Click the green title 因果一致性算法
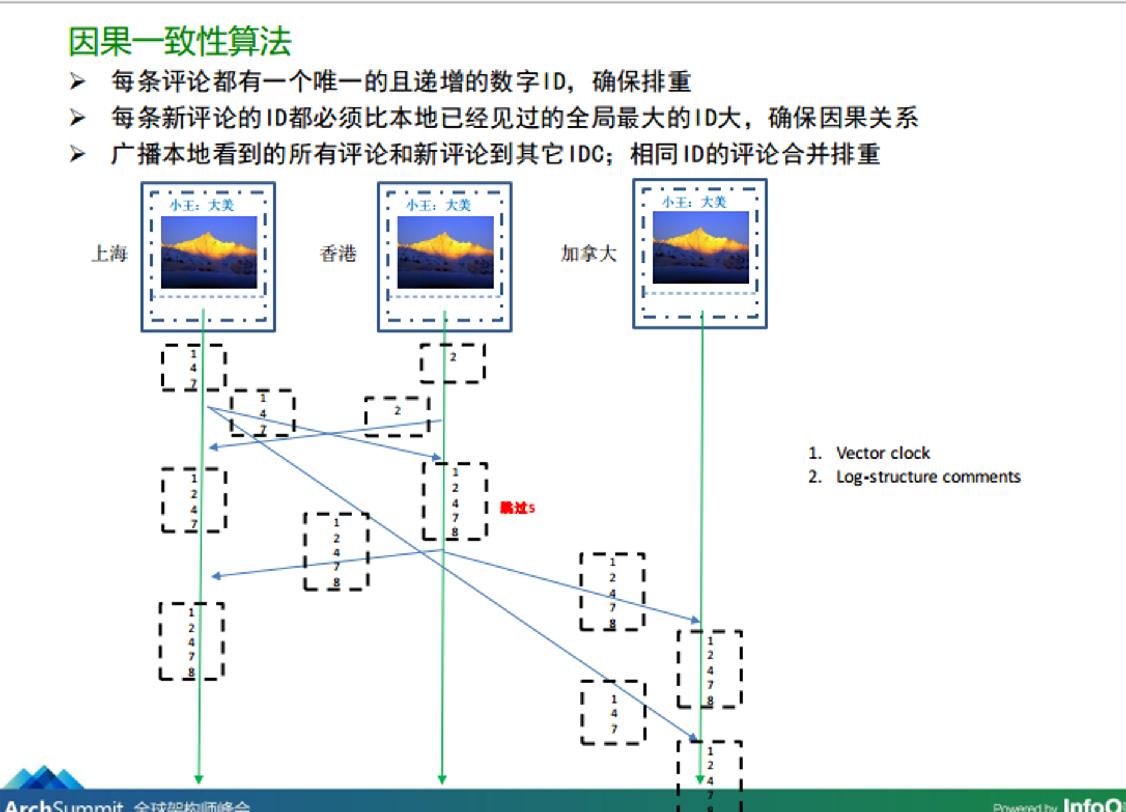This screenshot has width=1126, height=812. (180, 42)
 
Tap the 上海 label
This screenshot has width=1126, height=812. (110, 254)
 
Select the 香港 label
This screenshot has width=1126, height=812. (338, 254)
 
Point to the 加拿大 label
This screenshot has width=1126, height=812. (589, 254)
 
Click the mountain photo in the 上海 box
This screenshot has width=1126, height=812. (209, 252)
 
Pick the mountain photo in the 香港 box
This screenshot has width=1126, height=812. (445, 252)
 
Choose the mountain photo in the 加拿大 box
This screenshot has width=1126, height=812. (701, 247)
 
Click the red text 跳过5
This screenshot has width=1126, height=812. (517, 508)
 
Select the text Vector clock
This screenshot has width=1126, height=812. (883, 453)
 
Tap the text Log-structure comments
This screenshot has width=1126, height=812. (928, 477)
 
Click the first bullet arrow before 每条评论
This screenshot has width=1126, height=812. (77, 81)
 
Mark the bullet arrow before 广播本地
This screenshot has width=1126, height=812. (77, 154)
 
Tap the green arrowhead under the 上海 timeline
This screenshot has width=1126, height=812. (199, 779)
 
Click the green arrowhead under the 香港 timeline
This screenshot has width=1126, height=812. (442, 779)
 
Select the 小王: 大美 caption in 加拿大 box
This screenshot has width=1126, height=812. (694, 202)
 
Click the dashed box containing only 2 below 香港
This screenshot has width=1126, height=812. (453, 363)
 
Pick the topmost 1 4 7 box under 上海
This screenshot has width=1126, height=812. (193, 368)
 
